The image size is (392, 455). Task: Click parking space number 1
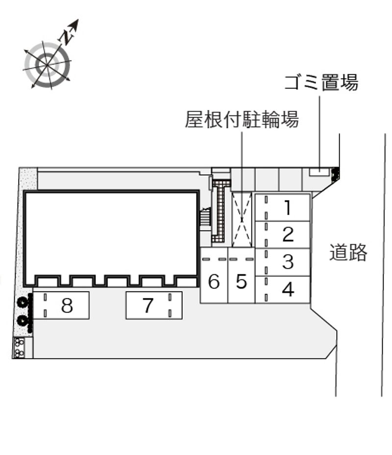coord(282,207)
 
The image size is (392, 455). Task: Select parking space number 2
coord(282,235)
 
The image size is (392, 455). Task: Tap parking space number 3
coord(282,262)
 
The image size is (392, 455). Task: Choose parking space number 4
coord(282,290)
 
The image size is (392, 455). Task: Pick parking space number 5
coord(242,275)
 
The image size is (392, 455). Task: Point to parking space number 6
coord(214,275)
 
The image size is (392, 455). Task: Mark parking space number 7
coord(154,305)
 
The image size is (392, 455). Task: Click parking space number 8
coord(61,305)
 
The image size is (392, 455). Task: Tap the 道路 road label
coord(348,252)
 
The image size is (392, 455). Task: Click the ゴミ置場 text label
coord(321,82)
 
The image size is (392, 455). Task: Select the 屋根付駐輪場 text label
coord(242,119)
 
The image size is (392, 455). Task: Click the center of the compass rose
coord(47,65)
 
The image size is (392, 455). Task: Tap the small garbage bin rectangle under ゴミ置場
coord(319,172)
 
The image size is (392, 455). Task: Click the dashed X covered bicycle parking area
coord(242,220)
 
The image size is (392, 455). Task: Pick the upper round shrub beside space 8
coord(23,302)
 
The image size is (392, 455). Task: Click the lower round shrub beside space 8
coord(22,320)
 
